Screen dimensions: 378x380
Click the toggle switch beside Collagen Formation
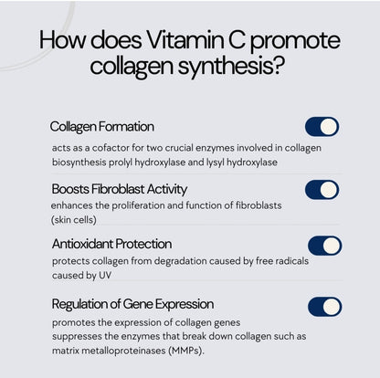322,127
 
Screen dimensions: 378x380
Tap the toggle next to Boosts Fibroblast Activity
322,190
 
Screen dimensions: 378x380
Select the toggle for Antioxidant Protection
324,245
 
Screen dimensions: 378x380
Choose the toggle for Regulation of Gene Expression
324,306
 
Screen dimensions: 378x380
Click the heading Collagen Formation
101,126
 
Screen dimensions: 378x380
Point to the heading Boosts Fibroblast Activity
119,189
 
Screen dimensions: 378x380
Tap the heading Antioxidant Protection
111,244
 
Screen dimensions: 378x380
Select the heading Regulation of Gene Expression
132,304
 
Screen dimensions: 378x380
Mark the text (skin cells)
74,220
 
